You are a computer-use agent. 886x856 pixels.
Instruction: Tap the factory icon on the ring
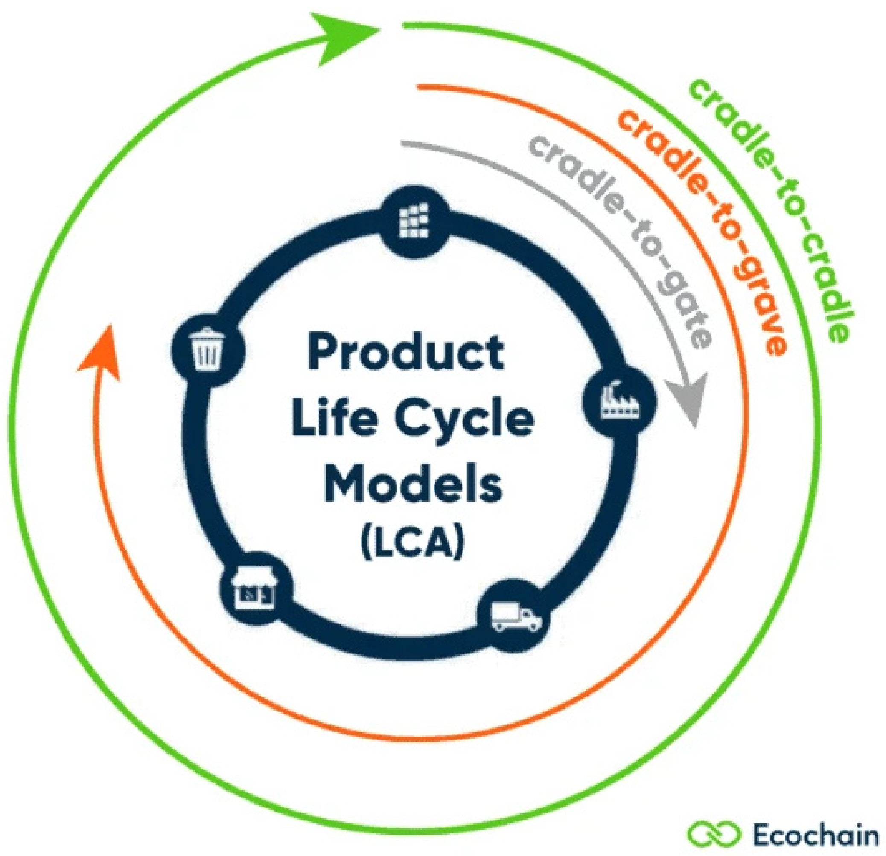(619, 400)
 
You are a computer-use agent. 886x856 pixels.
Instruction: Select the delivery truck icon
(515, 617)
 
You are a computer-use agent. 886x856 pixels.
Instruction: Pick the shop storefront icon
(254, 590)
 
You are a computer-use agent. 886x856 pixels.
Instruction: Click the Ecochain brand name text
(816, 835)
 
